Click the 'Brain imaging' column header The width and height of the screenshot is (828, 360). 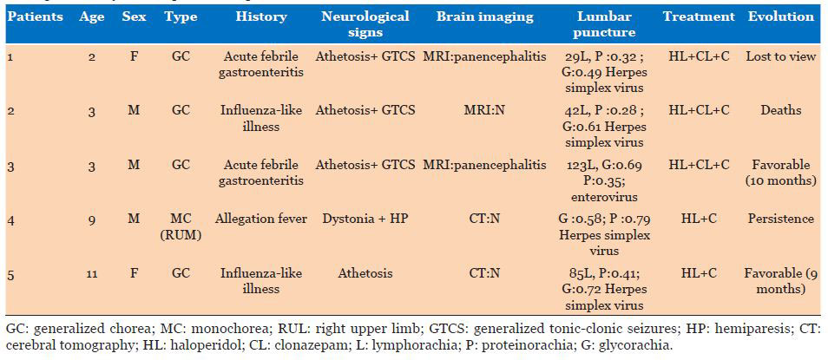point(485,16)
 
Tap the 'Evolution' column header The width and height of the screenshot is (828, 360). point(781,16)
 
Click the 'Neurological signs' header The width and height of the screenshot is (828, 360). point(365,24)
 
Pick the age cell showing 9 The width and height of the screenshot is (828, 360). point(92,219)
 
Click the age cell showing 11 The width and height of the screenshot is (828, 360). point(92,274)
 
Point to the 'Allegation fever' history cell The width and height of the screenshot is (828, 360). point(261,219)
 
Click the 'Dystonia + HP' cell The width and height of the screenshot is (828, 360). point(365,219)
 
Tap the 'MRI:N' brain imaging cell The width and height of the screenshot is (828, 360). point(485,110)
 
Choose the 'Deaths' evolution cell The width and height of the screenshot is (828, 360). point(781,110)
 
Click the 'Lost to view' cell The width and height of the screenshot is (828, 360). point(781,56)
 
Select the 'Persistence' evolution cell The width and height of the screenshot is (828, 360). point(781,219)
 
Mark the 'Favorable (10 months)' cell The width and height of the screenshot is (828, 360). point(781,172)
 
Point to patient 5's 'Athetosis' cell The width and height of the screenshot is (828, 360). point(365,274)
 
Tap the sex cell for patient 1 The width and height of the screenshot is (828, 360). point(134,56)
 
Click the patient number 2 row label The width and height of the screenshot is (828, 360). point(10,110)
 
